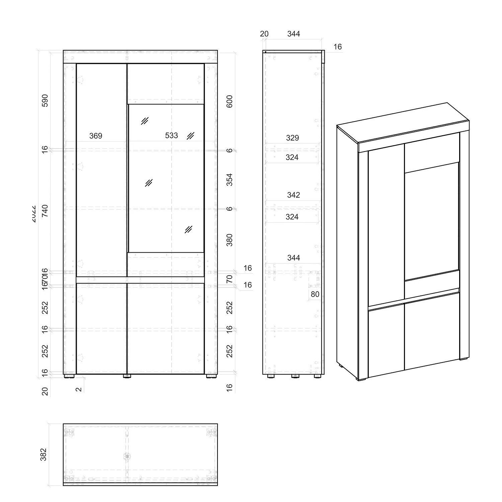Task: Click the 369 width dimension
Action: [x=96, y=136]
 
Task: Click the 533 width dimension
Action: [x=171, y=136]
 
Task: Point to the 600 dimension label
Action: [x=230, y=101]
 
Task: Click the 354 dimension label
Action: [x=230, y=180]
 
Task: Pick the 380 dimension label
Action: [x=230, y=240]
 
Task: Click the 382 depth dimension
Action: [x=44, y=454]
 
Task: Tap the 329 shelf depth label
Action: [x=292, y=138]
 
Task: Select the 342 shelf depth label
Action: [x=293, y=195]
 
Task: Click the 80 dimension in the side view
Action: [x=315, y=294]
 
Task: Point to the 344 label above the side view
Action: [x=294, y=34]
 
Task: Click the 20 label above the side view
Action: [x=264, y=34]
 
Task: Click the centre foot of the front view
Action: [x=127, y=376]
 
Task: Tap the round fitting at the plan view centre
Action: [x=127, y=456]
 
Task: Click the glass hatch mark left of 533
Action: [x=145, y=121]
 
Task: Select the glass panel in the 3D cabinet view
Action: [x=432, y=221]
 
